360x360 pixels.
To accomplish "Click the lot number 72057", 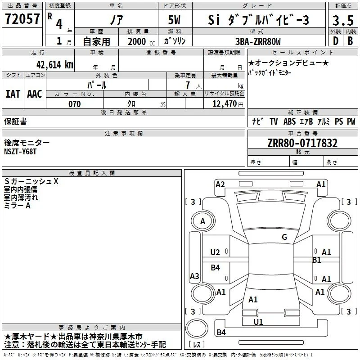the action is pos(22,18).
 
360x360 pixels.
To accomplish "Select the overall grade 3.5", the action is pos(343,20).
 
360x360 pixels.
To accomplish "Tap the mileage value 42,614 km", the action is pos(54,64).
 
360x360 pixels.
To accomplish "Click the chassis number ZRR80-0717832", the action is pos(302,143).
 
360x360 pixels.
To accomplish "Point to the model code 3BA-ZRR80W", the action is pos(258,41).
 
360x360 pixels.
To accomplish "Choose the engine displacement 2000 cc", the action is pos(141,41).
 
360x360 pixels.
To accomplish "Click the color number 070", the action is pos(75,104).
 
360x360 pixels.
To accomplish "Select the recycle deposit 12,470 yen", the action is pos(228,104).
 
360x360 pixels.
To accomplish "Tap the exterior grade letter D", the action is pos(336,41).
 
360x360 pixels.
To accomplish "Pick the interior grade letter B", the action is pos(350,41).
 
